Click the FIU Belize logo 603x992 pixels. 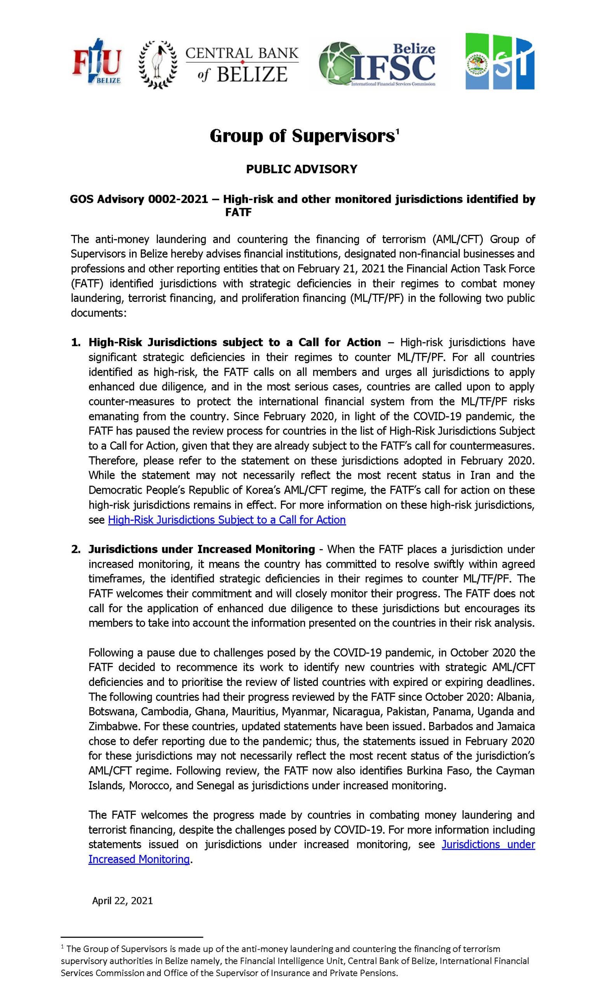(97, 61)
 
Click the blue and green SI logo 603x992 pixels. (500, 61)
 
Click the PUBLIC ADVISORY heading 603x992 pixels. (301, 169)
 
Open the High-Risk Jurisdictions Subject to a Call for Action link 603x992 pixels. (227, 520)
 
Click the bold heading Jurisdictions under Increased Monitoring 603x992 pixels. (201, 549)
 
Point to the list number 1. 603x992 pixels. (75, 343)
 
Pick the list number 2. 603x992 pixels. (75, 549)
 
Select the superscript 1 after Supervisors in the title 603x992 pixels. (397, 131)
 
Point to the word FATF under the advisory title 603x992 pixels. (238, 213)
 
